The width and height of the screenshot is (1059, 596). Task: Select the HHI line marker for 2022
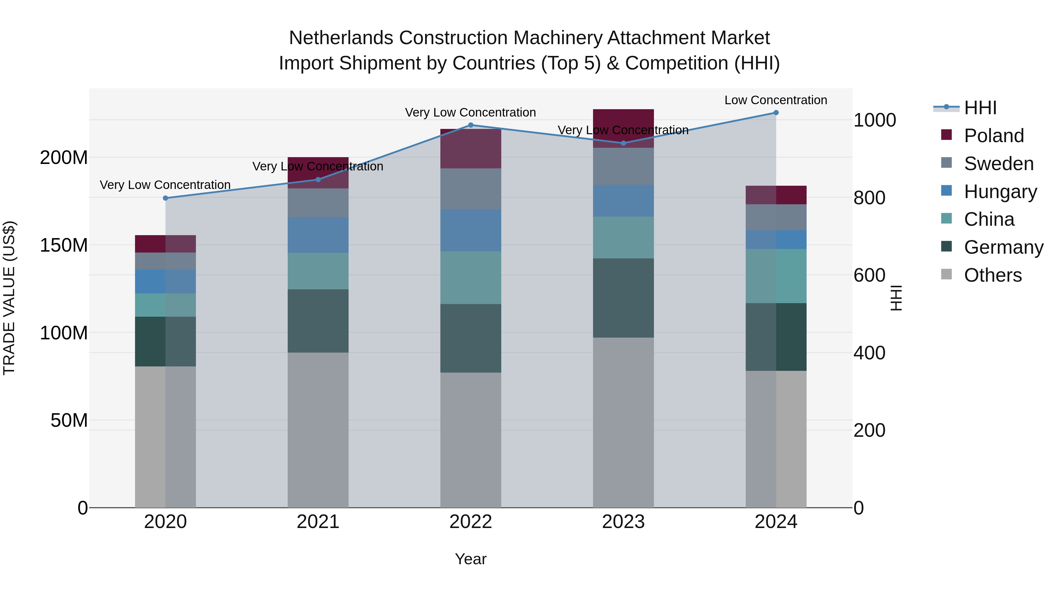pos(471,125)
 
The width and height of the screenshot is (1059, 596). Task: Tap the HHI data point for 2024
pos(776,113)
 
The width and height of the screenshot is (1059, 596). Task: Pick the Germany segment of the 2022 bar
pos(471,338)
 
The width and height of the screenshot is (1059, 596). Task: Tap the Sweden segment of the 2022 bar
pos(471,188)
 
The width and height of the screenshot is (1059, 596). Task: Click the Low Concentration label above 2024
pos(775,100)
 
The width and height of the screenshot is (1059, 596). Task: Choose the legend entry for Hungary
pos(1000,192)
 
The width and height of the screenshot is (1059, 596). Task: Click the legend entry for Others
pos(993,275)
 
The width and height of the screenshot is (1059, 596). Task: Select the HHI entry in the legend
pos(980,108)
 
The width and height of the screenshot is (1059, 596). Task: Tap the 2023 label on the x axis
pos(623,522)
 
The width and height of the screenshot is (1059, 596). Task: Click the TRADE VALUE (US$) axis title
pos(9,298)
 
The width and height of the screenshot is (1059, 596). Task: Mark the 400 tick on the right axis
pos(869,353)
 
